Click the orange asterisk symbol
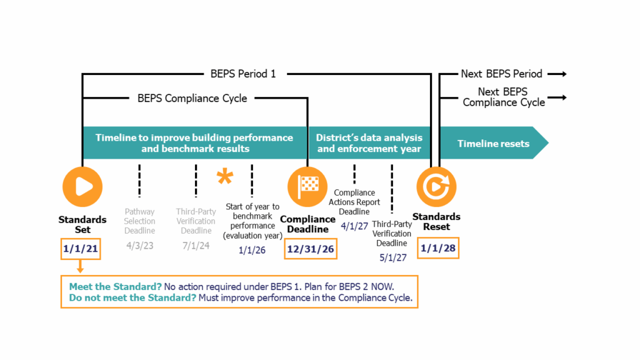pos(224,177)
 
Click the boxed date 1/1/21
pos(81,249)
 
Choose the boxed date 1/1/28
pos(437,247)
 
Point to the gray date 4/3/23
pos(139,246)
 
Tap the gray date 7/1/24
pos(196,246)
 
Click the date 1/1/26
pos(251,250)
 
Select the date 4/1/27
pos(354,226)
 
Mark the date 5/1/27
pos(392,257)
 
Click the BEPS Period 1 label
pos(243,74)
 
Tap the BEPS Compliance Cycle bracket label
pos(192,98)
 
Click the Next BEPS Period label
pos(501,74)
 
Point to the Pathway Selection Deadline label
pos(139,221)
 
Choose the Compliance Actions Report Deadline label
pos(354,202)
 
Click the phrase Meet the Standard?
pos(115,286)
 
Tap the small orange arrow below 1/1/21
pos(81,267)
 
